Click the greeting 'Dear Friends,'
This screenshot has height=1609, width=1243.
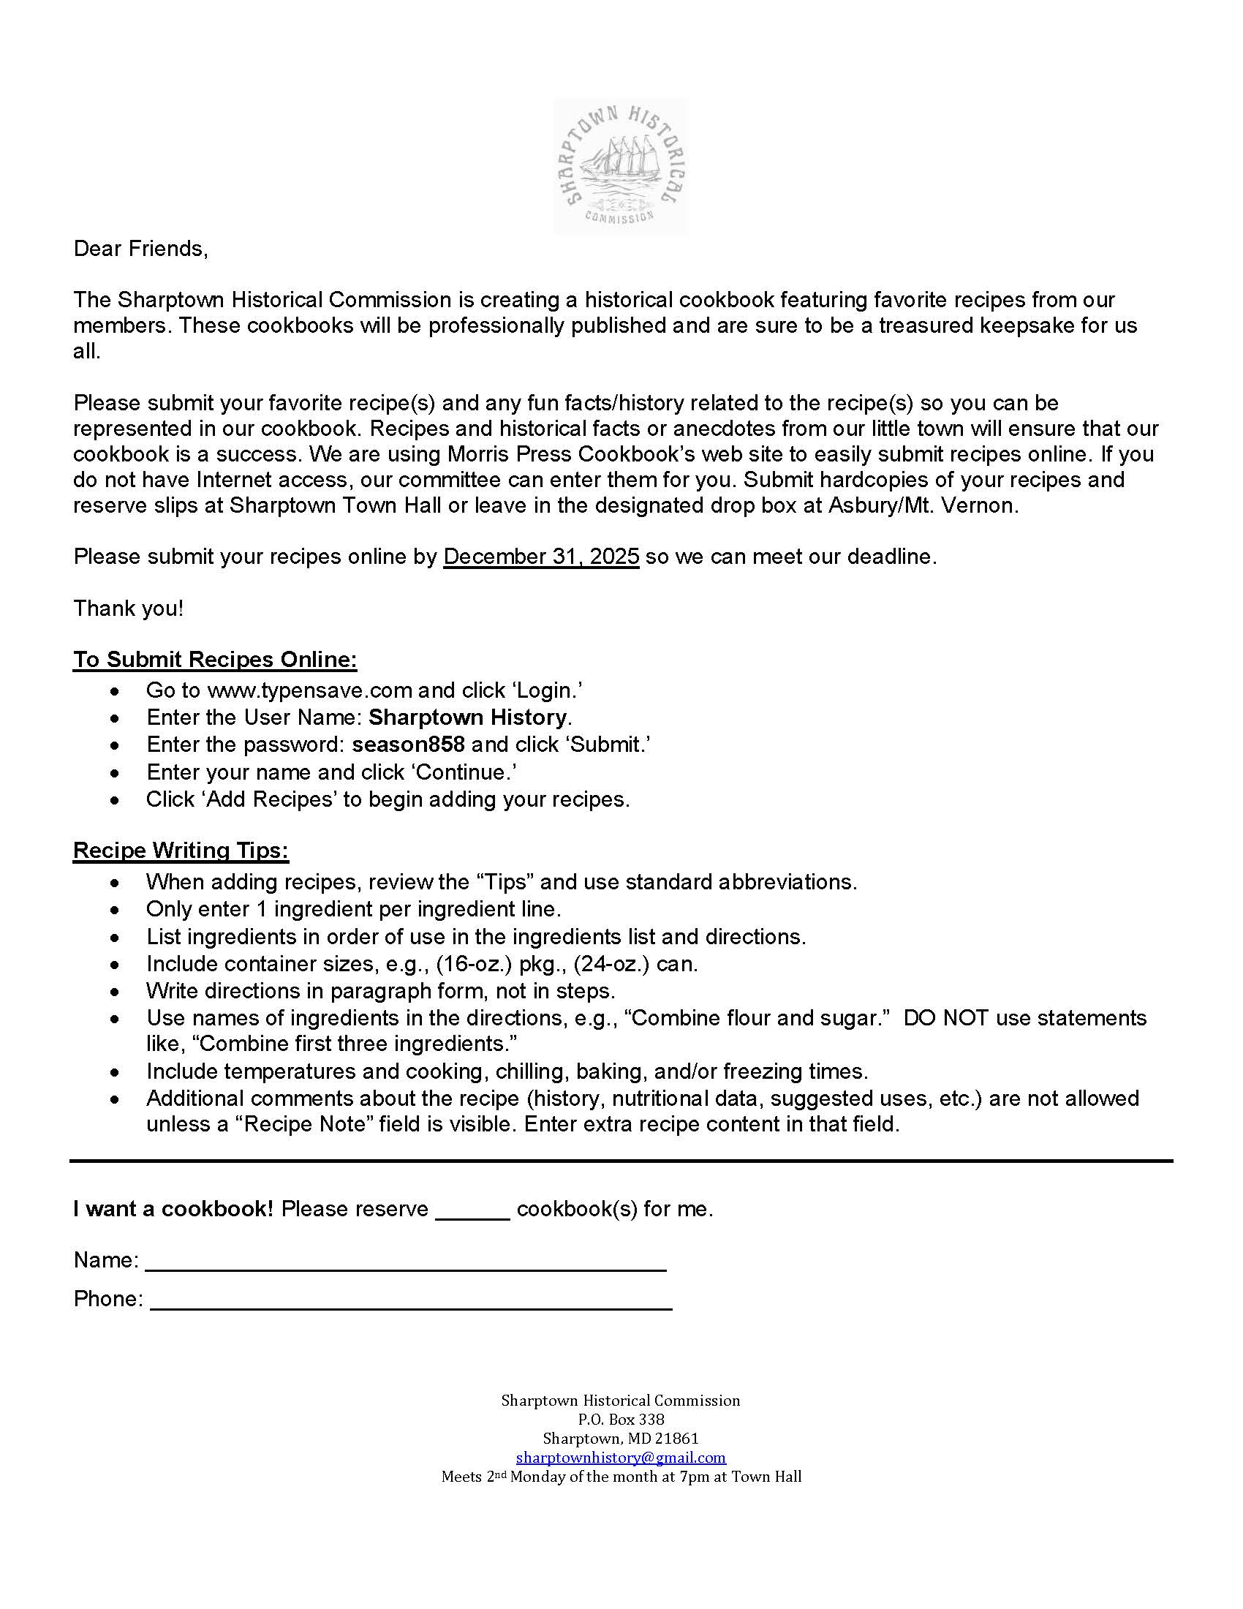pos(140,249)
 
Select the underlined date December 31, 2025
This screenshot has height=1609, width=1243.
pos(540,557)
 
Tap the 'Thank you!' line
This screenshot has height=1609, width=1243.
pos(128,608)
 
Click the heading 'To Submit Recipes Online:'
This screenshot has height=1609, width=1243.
pos(214,660)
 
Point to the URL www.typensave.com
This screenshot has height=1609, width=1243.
pos(309,690)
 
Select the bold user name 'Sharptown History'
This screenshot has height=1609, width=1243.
pos(468,717)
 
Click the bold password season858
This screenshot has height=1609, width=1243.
pos(408,745)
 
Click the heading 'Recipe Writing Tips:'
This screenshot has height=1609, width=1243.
pos(181,850)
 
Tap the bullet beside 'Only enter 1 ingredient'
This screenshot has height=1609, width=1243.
pos(114,910)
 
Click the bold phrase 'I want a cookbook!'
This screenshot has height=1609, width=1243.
pos(173,1209)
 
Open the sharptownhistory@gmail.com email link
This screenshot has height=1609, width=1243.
pos(620,1457)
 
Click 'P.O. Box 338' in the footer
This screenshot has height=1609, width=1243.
pos(621,1419)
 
